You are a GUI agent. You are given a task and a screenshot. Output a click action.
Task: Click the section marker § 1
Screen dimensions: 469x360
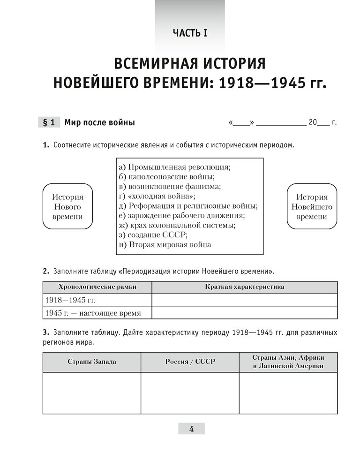coord(48,123)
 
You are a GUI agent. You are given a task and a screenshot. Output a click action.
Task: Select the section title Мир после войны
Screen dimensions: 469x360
coord(99,123)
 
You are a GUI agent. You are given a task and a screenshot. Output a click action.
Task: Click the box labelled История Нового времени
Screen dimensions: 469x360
coord(67,207)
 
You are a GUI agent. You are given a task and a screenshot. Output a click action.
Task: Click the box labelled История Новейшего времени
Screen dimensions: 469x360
coord(312,207)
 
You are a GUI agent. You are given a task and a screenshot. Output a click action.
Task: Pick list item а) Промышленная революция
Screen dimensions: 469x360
coord(175,167)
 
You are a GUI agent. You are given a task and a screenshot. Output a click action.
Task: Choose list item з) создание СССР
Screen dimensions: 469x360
coord(153,235)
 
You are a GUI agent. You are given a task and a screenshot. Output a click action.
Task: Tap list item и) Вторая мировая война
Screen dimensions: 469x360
coord(165,244)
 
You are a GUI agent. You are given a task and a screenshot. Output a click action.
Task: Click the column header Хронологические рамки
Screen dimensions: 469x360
coord(97,287)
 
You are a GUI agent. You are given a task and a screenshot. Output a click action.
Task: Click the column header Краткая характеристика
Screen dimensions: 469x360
coord(244,287)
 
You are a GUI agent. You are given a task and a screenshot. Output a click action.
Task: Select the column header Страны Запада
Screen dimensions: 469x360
coord(91,362)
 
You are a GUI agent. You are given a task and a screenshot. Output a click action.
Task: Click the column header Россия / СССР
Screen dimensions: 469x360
coord(190,362)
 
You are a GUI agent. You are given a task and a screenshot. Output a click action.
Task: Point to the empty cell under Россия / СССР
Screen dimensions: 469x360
coord(190,393)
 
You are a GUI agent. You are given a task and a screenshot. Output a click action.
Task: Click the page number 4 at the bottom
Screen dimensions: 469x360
coord(191,428)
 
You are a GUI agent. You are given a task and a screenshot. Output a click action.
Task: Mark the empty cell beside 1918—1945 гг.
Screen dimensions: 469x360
coord(244,300)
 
